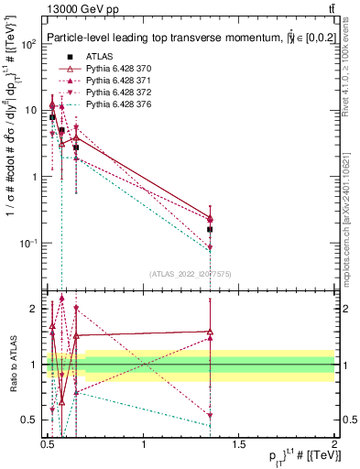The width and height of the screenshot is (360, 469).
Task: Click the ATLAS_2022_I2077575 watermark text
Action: [191, 273]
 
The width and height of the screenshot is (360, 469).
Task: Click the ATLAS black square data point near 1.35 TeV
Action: [211, 230]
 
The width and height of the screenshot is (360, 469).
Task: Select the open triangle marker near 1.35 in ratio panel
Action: [211, 332]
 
